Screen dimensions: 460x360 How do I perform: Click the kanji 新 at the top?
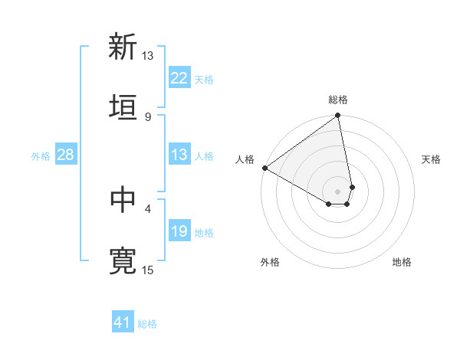123,47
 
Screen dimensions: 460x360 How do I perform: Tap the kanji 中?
123,201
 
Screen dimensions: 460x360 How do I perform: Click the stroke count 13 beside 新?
147,56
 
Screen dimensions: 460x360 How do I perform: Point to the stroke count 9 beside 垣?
147,116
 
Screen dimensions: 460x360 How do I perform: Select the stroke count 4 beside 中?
147,208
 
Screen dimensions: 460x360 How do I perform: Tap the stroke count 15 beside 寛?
147,270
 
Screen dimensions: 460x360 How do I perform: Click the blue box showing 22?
179,78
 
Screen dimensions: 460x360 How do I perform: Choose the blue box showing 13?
179,155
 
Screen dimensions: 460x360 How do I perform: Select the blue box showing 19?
179,231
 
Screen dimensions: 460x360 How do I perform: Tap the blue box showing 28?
66,155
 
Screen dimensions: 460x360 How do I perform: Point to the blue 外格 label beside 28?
41,155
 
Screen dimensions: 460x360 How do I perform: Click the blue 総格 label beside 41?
147,324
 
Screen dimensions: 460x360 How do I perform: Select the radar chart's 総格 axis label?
338,100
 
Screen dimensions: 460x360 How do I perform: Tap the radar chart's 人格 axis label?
245,159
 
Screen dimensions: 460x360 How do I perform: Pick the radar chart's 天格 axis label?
431,159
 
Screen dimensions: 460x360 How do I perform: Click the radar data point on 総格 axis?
337,116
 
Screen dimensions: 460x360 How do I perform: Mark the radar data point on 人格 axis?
264,168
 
